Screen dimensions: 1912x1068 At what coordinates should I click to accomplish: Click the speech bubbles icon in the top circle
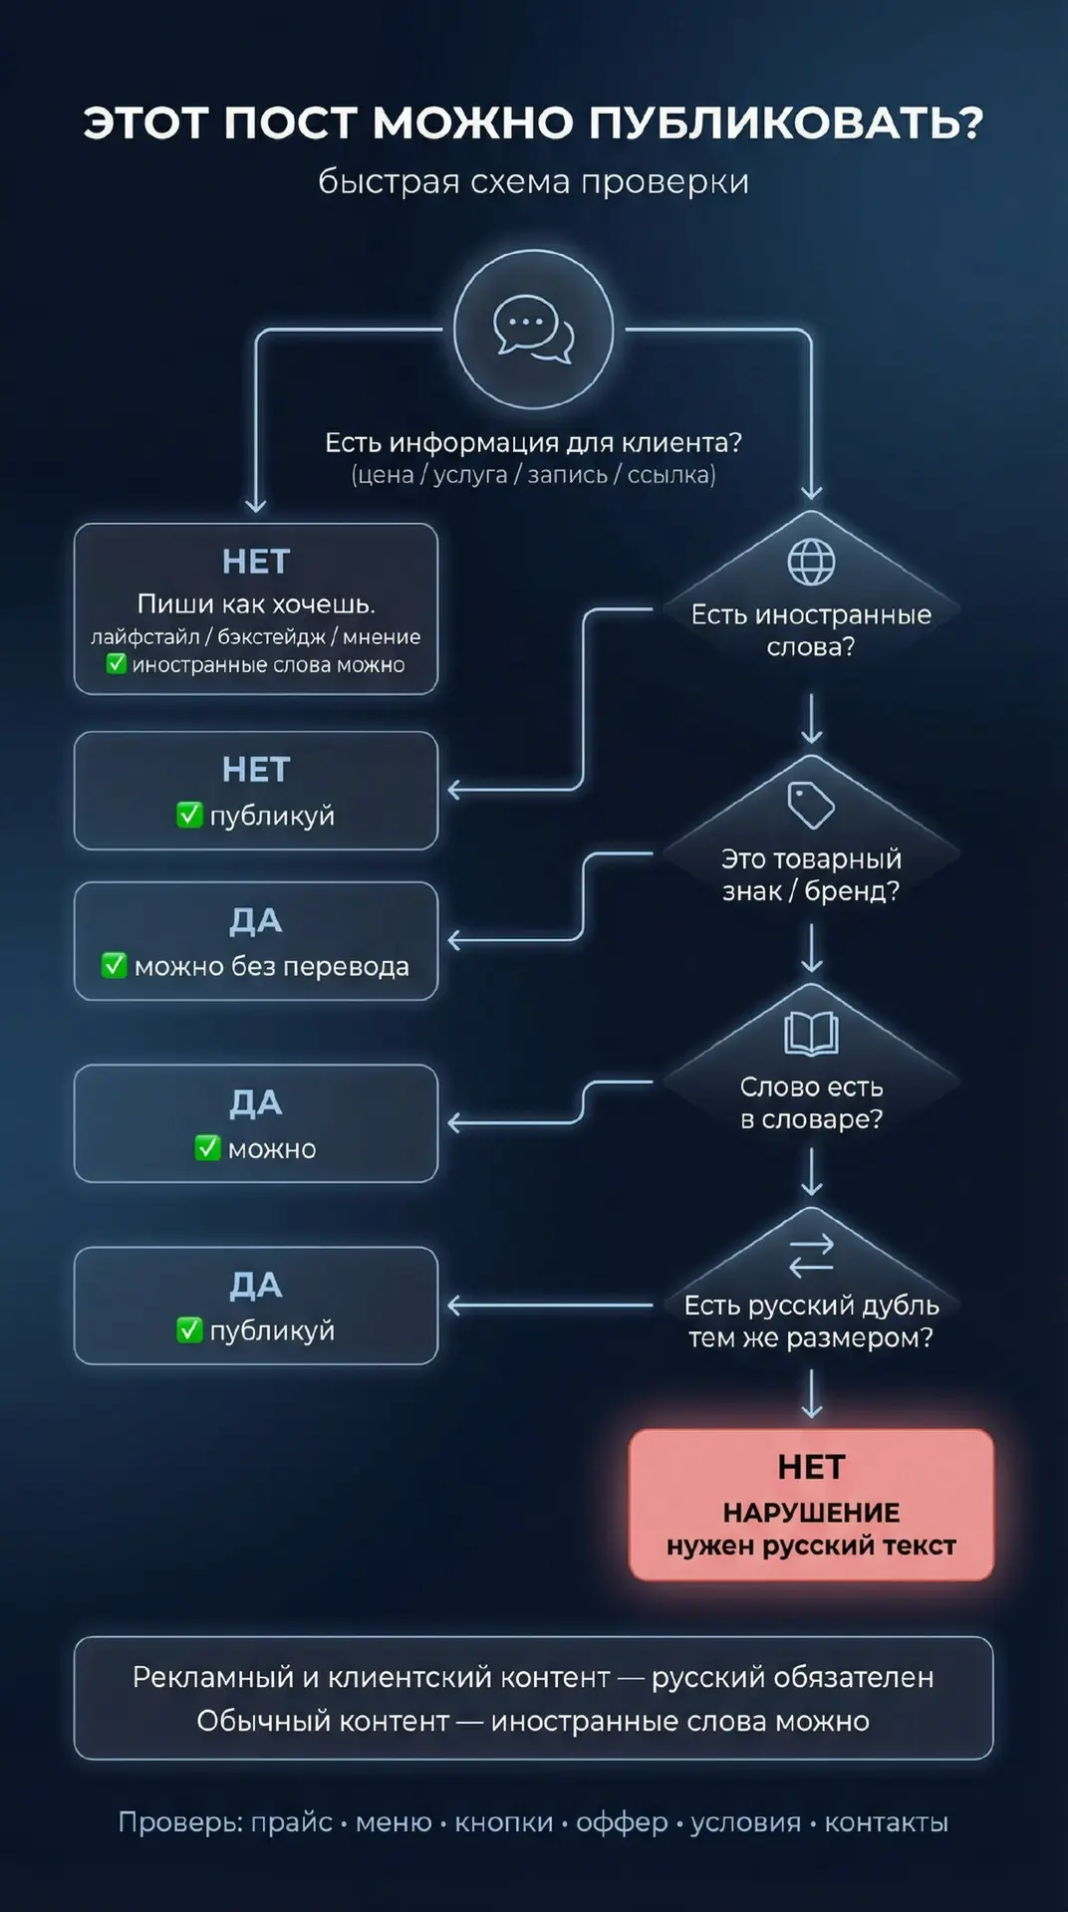pos(534,328)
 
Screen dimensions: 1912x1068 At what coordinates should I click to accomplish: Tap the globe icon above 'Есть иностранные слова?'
pos(811,563)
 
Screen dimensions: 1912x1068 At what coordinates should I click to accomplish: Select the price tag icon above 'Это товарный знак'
pos(811,805)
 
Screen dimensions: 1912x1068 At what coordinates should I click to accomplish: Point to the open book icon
pos(811,1034)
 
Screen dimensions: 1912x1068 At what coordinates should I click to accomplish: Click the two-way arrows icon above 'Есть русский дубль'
pos(811,1256)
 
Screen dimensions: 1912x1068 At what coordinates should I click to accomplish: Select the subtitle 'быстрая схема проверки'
pos(533,182)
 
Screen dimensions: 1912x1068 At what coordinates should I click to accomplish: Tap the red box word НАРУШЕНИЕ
pos(811,1513)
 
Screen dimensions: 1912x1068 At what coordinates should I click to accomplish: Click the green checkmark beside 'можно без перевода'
pos(115,965)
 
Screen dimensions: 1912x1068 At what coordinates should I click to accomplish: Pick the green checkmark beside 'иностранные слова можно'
pos(117,663)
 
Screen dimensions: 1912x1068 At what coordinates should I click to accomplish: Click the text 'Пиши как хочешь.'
pos(256,603)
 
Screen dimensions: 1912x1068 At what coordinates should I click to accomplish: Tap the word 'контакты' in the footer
pos(886,1822)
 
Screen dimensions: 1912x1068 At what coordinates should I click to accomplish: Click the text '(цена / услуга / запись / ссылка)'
pos(533,475)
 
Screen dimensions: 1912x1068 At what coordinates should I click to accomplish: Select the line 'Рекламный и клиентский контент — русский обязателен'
pos(533,1677)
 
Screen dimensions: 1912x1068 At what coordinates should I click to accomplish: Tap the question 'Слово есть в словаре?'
pos(811,1102)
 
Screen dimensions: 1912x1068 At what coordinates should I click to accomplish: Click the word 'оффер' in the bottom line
pos(622,1822)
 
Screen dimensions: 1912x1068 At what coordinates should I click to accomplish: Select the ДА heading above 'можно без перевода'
pos(256,921)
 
